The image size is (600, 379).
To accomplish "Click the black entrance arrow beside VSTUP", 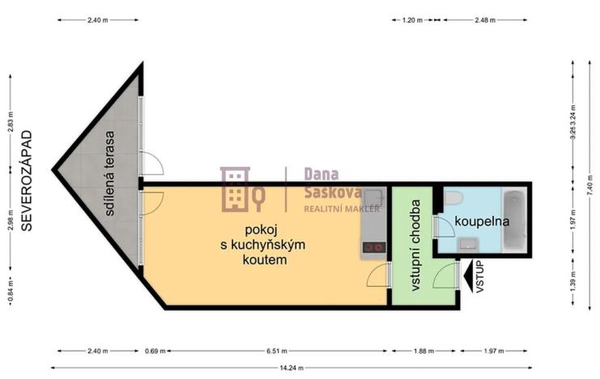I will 468,276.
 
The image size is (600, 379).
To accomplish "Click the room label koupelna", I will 477,220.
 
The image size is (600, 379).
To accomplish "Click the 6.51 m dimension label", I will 277,351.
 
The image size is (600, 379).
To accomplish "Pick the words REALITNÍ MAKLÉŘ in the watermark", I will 330,209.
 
